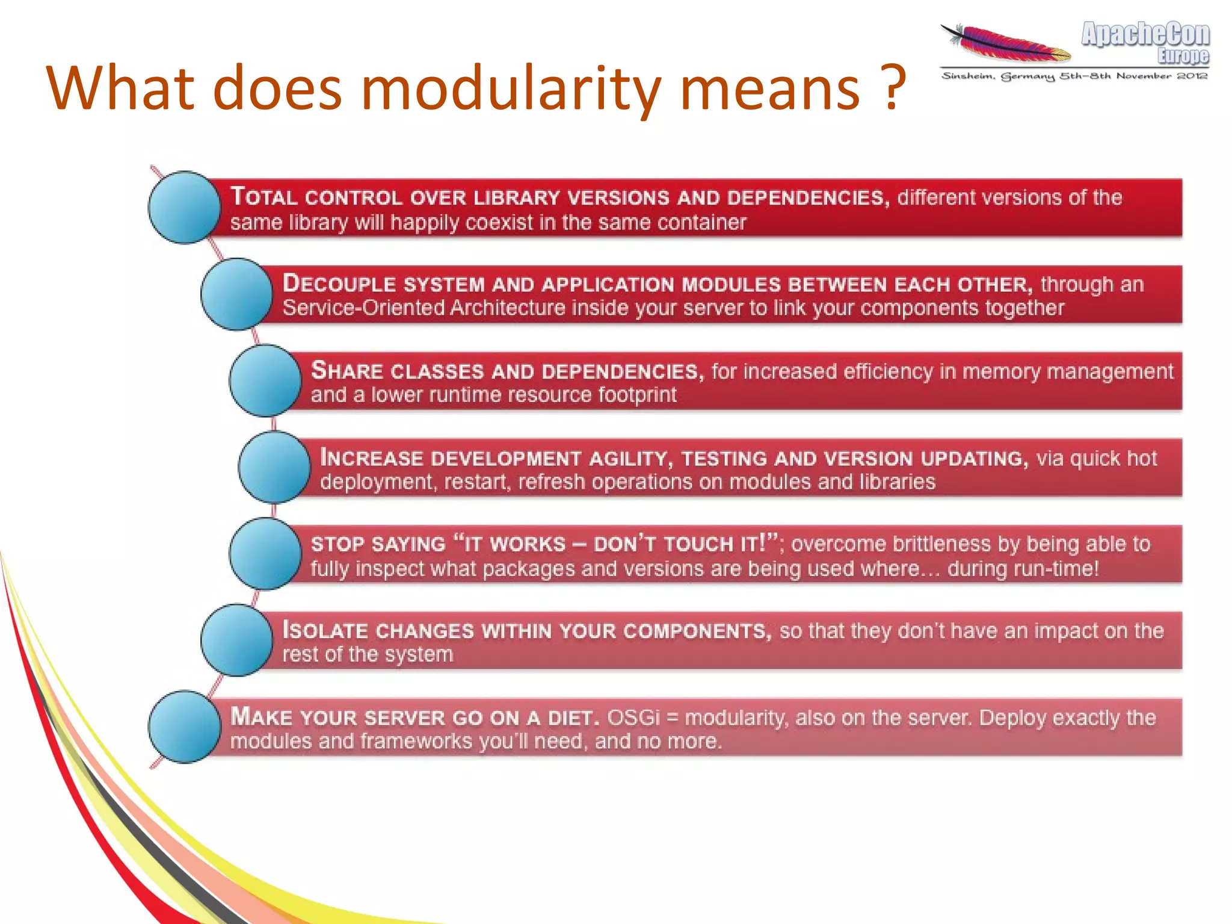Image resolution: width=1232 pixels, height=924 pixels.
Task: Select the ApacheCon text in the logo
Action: pyautogui.click(x=1145, y=34)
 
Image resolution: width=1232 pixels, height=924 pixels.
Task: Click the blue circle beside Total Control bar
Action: pyautogui.click(x=185, y=208)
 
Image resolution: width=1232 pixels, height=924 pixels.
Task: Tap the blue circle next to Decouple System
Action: pyautogui.click(x=237, y=294)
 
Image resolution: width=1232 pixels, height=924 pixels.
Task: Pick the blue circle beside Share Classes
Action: pyautogui.click(x=265, y=380)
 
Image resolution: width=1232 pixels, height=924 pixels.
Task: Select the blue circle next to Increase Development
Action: pyautogui.click(x=274, y=467)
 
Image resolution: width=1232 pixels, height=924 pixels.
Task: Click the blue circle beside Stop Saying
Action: pyautogui.click(x=265, y=554)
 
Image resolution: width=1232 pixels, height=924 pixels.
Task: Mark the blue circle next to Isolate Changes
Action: pyautogui.click(x=237, y=640)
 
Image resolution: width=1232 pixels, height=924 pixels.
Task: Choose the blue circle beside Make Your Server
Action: pyautogui.click(x=185, y=727)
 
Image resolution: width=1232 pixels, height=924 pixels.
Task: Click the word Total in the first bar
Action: pyautogui.click(x=263, y=197)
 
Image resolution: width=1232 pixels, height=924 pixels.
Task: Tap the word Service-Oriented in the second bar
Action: pyautogui.click(x=363, y=308)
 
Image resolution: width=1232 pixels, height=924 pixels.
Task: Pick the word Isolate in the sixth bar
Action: pyautogui.click(x=325, y=631)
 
